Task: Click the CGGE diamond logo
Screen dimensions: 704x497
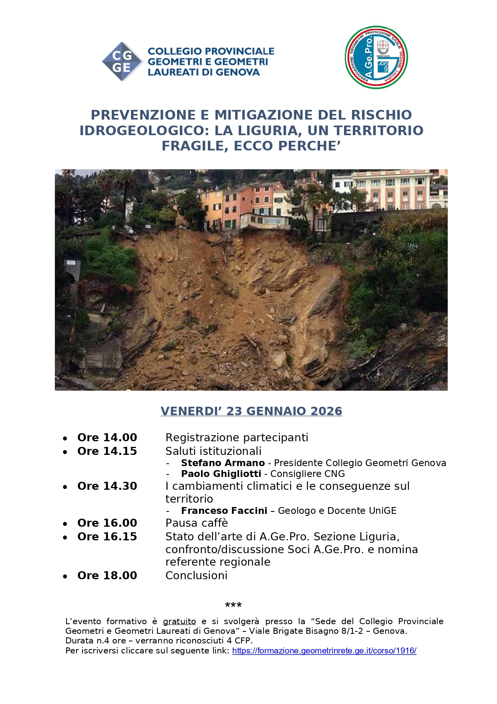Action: [122, 62]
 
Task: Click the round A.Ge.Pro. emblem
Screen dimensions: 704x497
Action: [376, 58]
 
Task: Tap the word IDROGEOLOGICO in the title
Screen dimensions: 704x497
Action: [145, 131]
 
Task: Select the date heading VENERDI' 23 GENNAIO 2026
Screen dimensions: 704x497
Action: [251, 411]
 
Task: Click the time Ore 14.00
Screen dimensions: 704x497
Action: [107, 438]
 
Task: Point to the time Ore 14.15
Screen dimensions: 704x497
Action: [107, 451]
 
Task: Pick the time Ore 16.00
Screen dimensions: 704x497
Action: [107, 523]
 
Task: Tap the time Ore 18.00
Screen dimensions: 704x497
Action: [107, 576]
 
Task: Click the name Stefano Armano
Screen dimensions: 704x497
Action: [223, 463]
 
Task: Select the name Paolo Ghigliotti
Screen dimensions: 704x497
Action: [221, 474]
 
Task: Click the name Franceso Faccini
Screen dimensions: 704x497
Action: [224, 511]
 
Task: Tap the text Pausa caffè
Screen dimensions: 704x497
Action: [197, 523]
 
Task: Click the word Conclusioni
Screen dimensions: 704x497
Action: [196, 576]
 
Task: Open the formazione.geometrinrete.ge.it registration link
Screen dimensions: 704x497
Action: [324, 651]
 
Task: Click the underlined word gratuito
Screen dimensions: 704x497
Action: [179, 622]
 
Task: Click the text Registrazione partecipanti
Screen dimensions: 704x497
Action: [237, 438]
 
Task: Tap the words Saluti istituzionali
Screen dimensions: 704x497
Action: [213, 451]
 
